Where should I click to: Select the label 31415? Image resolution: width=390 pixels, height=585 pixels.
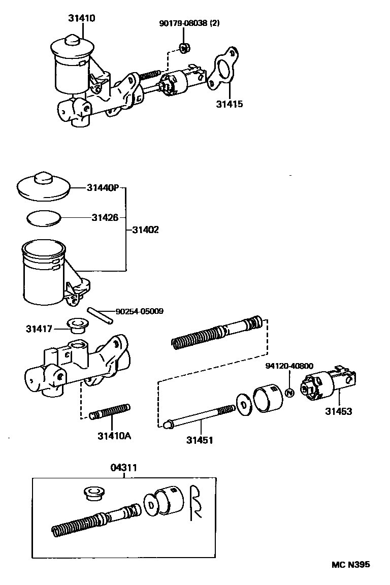click(229, 104)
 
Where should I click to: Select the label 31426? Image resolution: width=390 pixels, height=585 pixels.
click(105, 217)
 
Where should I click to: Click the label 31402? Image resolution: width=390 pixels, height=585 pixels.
click(146, 230)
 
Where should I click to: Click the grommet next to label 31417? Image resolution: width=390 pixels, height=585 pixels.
click(77, 325)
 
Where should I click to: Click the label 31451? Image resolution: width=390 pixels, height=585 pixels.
click(200, 440)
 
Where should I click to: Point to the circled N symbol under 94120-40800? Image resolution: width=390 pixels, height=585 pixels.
click(289, 393)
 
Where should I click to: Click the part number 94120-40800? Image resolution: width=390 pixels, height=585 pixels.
click(289, 365)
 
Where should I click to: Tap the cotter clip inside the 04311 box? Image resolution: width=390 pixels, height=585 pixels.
click(196, 503)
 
